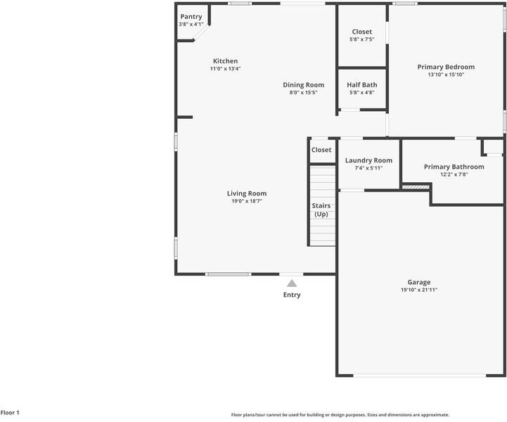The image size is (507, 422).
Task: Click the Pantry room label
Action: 191,17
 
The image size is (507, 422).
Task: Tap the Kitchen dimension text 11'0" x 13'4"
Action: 225,69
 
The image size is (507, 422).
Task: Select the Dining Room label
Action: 304,85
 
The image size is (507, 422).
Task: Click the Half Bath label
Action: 362,85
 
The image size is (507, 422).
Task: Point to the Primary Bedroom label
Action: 446,67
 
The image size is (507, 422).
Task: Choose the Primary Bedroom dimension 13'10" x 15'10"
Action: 446,75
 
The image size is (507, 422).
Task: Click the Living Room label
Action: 247,193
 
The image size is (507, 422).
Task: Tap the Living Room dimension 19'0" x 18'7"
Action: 247,201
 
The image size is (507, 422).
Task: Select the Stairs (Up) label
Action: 321,210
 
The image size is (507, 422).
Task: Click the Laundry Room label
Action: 368,160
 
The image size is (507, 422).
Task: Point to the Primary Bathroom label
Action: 454,167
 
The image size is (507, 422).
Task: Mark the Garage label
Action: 419,282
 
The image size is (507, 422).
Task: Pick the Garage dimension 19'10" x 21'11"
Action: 419,290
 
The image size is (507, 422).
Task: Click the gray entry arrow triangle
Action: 292,283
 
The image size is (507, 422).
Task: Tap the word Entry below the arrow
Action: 292,295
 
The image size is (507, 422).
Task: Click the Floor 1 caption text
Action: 11,413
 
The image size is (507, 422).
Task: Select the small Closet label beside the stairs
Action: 321,150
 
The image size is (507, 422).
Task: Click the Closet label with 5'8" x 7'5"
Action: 362,32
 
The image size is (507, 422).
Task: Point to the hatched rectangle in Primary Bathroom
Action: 415,186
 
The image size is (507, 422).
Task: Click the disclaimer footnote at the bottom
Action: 340,415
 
